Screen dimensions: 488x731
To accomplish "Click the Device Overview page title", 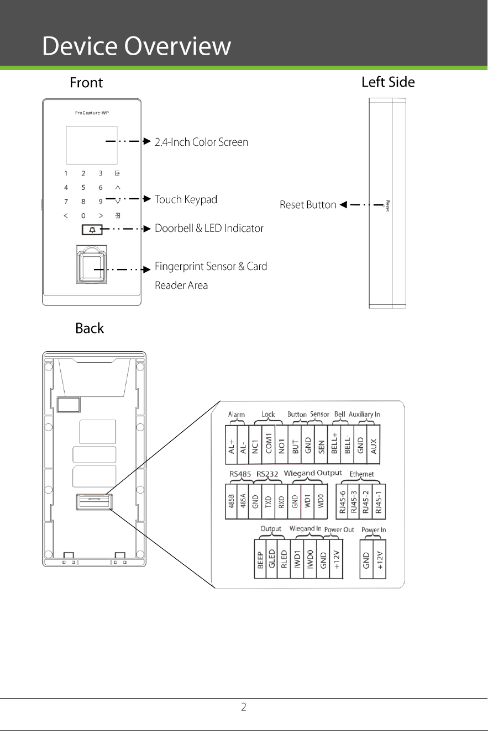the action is click(137, 46).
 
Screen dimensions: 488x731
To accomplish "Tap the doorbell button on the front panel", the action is click(92, 230).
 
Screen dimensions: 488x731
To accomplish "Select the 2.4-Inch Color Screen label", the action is click(202, 142).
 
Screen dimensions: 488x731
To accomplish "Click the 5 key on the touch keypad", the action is click(83, 187).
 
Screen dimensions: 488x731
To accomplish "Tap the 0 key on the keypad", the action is click(83, 216).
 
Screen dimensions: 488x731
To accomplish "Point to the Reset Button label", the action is click(308, 205).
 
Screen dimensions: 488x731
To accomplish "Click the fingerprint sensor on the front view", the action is click(92, 264).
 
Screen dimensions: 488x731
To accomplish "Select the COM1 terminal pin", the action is click(269, 444).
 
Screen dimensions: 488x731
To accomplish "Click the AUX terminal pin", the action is click(374, 444).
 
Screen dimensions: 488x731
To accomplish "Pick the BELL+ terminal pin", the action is click(334, 444).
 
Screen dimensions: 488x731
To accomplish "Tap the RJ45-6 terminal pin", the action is click(342, 501).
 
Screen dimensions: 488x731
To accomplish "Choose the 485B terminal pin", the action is click(231, 501).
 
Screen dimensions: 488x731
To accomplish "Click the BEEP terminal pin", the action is click(260, 559).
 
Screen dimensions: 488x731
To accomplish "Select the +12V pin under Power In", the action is click(379, 559).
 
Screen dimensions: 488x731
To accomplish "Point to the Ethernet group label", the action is click(361, 474).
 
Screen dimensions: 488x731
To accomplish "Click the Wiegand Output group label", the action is click(313, 473).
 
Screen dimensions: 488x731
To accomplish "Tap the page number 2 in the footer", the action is click(244, 707).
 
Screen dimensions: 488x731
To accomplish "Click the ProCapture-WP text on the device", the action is click(92, 113).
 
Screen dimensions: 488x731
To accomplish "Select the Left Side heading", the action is click(388, 82).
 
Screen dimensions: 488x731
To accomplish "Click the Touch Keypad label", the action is click(186, 199).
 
